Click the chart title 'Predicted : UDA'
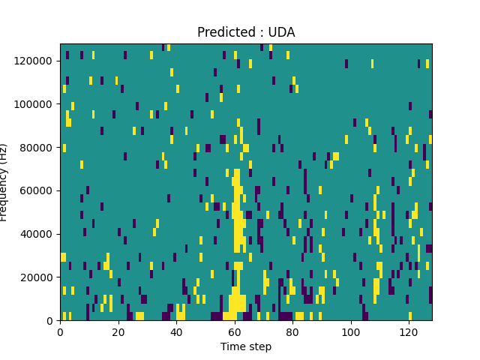click(x=246, y=32)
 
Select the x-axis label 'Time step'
click(x=246, y=346)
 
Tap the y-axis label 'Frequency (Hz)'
click(x=5, y=182)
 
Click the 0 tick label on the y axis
click(x=51, y=321)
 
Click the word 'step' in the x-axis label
click(x=259, y=346)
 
